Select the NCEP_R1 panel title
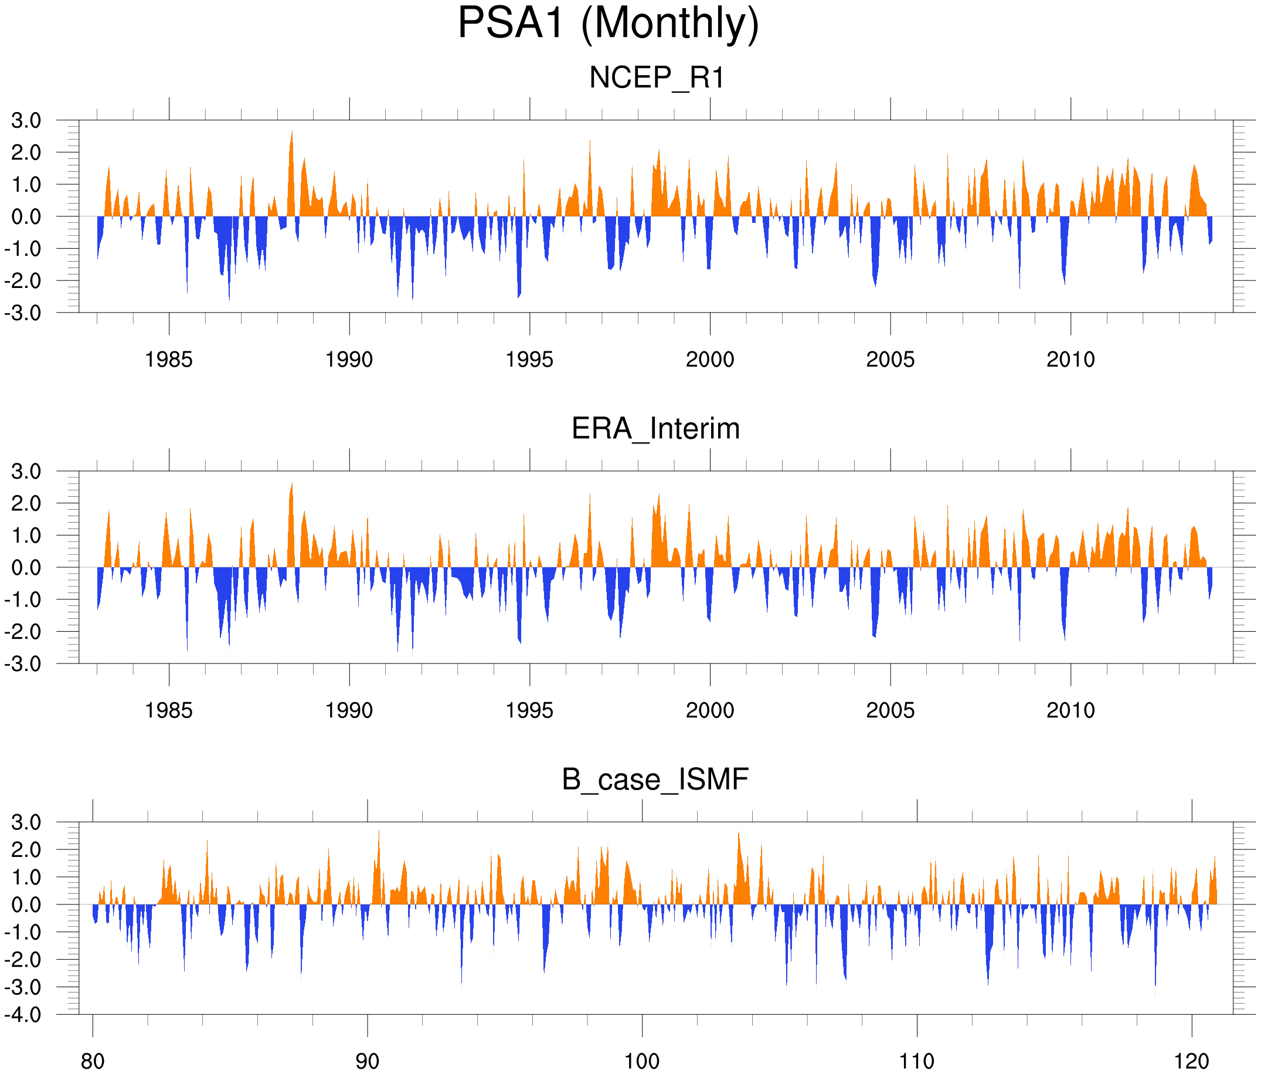pos(657,78)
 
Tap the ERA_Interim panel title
pos(655,429)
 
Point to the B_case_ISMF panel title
pos(655,780)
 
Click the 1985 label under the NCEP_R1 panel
pos(169,360)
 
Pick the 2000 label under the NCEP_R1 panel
pos(709,360)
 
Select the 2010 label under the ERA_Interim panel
pos(1070,710)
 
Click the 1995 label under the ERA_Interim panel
pos(529,710)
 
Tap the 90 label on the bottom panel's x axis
pos(367,1061)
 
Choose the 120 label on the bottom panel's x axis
pos(1191,1061)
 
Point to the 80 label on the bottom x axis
pos(93,1061)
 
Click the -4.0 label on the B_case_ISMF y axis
pos(23,1015)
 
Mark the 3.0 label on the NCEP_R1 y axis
pos(26,121)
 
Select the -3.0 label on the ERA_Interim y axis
pos(23,663)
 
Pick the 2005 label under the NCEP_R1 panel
pos(890,360)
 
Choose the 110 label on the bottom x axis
pos(916,1061)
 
